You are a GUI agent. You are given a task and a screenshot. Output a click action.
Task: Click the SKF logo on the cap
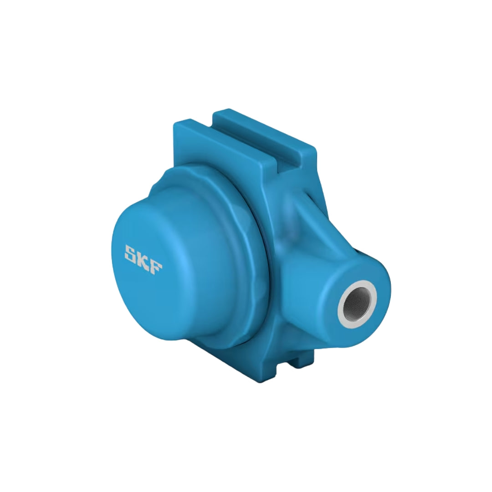143,260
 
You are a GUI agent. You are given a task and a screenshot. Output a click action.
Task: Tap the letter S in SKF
131,252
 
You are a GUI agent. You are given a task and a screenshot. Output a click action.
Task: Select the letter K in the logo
143,260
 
